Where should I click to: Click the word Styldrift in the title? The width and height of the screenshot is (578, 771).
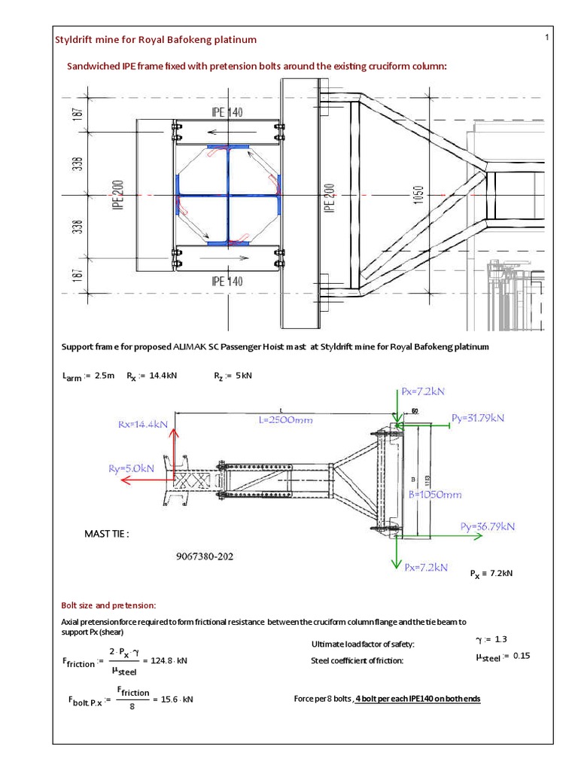pyautogui.click(x=79, y=39)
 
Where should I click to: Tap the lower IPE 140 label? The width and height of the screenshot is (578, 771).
pyautogui.click(x=227, y=281)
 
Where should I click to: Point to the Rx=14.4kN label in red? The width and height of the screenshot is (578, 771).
pyautogui.click(x=141, y=425)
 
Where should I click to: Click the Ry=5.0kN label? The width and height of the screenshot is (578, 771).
pyautogui.click(x=132, y=468)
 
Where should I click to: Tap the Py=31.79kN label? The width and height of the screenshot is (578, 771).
pyautogui.click(x=478, y=418)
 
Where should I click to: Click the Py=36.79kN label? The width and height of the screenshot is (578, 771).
pyautogui.click(x=488, y=526)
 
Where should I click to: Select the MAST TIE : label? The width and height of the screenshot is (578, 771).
pyautogui.click(x=107, y=534)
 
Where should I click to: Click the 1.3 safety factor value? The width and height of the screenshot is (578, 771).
pyautogui.click(x=501, y=638)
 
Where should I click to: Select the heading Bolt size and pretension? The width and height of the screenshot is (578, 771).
pyautogui.click(x=108, y=605)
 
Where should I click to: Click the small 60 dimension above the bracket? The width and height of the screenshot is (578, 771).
pyautogui.click(x=413, y=411)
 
